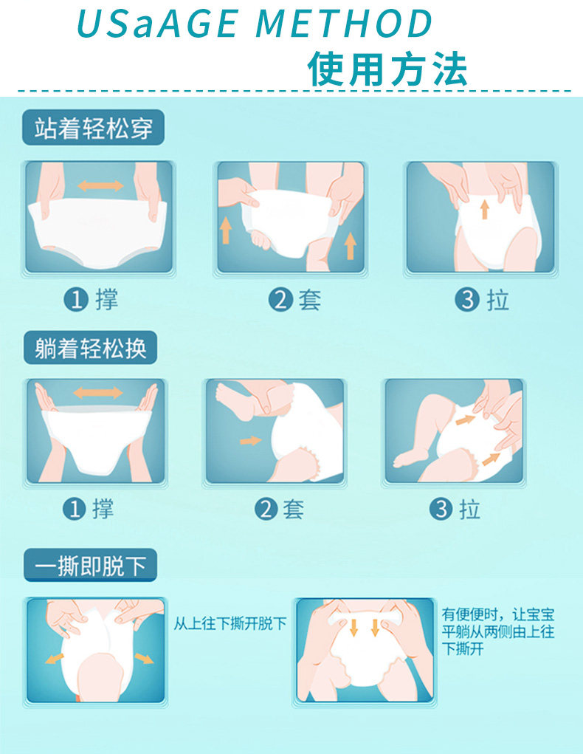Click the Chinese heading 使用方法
click(387, 69)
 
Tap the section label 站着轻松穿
click(93, 128)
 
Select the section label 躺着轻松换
click(90, 348)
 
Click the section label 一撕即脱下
click(90, 566)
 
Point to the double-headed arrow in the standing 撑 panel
click(100, 185)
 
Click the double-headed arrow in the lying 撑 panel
click(98, 392)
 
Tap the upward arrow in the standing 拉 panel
click(484, 209)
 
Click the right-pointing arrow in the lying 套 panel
click(250, 440)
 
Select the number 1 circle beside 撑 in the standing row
click(76, 300)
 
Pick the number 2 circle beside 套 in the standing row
click(280, 300)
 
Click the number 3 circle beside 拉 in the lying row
click(441, 509)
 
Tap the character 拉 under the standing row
click(498, 300)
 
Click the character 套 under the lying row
click(293, 509)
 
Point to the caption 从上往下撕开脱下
click(230, 623)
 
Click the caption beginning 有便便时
click(498, 631)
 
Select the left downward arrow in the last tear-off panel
click(353, 626)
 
